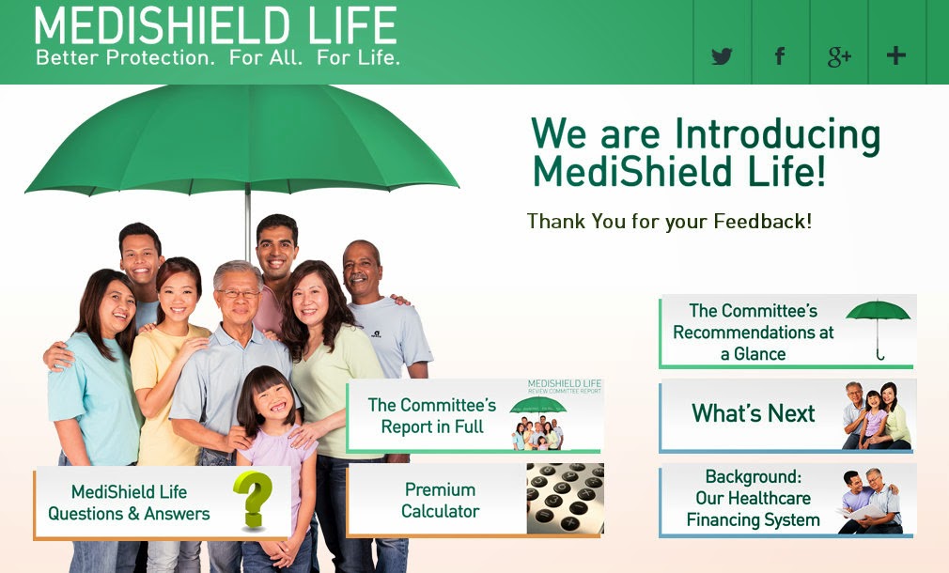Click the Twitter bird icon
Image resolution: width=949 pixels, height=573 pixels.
[722, 56]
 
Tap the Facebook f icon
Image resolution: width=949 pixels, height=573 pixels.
[779, 56]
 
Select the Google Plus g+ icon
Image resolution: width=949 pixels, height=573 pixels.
[838, 56]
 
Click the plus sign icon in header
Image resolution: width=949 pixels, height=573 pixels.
[895, 55]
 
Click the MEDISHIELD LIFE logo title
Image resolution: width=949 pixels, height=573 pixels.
[215, 26]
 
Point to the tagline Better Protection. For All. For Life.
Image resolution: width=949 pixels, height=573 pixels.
[218, 58]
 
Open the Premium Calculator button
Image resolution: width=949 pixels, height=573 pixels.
[440, 501]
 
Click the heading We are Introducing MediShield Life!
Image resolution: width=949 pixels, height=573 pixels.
[705, 152]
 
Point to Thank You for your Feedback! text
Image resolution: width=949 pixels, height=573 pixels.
[669, 222]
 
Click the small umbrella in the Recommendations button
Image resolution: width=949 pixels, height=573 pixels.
[878, 325]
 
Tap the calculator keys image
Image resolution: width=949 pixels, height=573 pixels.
[565, 499]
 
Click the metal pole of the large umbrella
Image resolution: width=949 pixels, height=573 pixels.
[248, 221]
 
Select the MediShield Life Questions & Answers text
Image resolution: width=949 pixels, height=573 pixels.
[130, 503]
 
